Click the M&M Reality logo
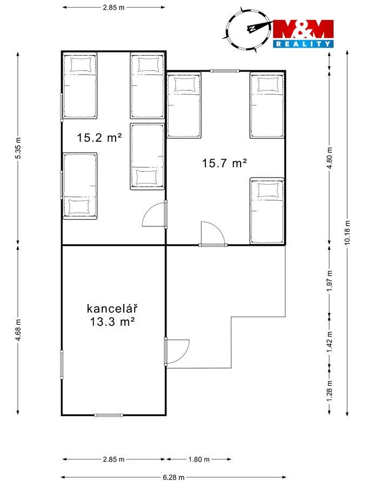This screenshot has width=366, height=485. [x=303, y=34]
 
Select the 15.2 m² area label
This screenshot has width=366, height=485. [x=99, y=137]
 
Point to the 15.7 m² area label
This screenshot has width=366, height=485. [x=224, y=163]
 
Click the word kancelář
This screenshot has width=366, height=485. [x=112, y=309]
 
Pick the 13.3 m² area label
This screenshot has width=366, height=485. [x=112, y=322]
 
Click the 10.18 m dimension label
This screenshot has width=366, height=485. [x=348, y=233]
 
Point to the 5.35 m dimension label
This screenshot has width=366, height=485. [x=18, y=148]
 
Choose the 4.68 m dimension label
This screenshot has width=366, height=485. [x=18, y=330]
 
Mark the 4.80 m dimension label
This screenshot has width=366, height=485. [x=330, y=158]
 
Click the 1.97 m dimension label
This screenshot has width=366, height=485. [x=330, y=280]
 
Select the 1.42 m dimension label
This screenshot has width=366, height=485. [x=330, y=342]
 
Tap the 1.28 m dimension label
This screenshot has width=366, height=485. [x=330, y=390]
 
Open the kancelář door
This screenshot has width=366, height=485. [x=176, y=351]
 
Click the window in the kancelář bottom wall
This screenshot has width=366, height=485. [x=109, y=415]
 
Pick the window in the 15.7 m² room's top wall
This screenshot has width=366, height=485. [x=224, y=71]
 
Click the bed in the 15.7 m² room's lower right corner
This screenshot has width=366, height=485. [x=267, y=211]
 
